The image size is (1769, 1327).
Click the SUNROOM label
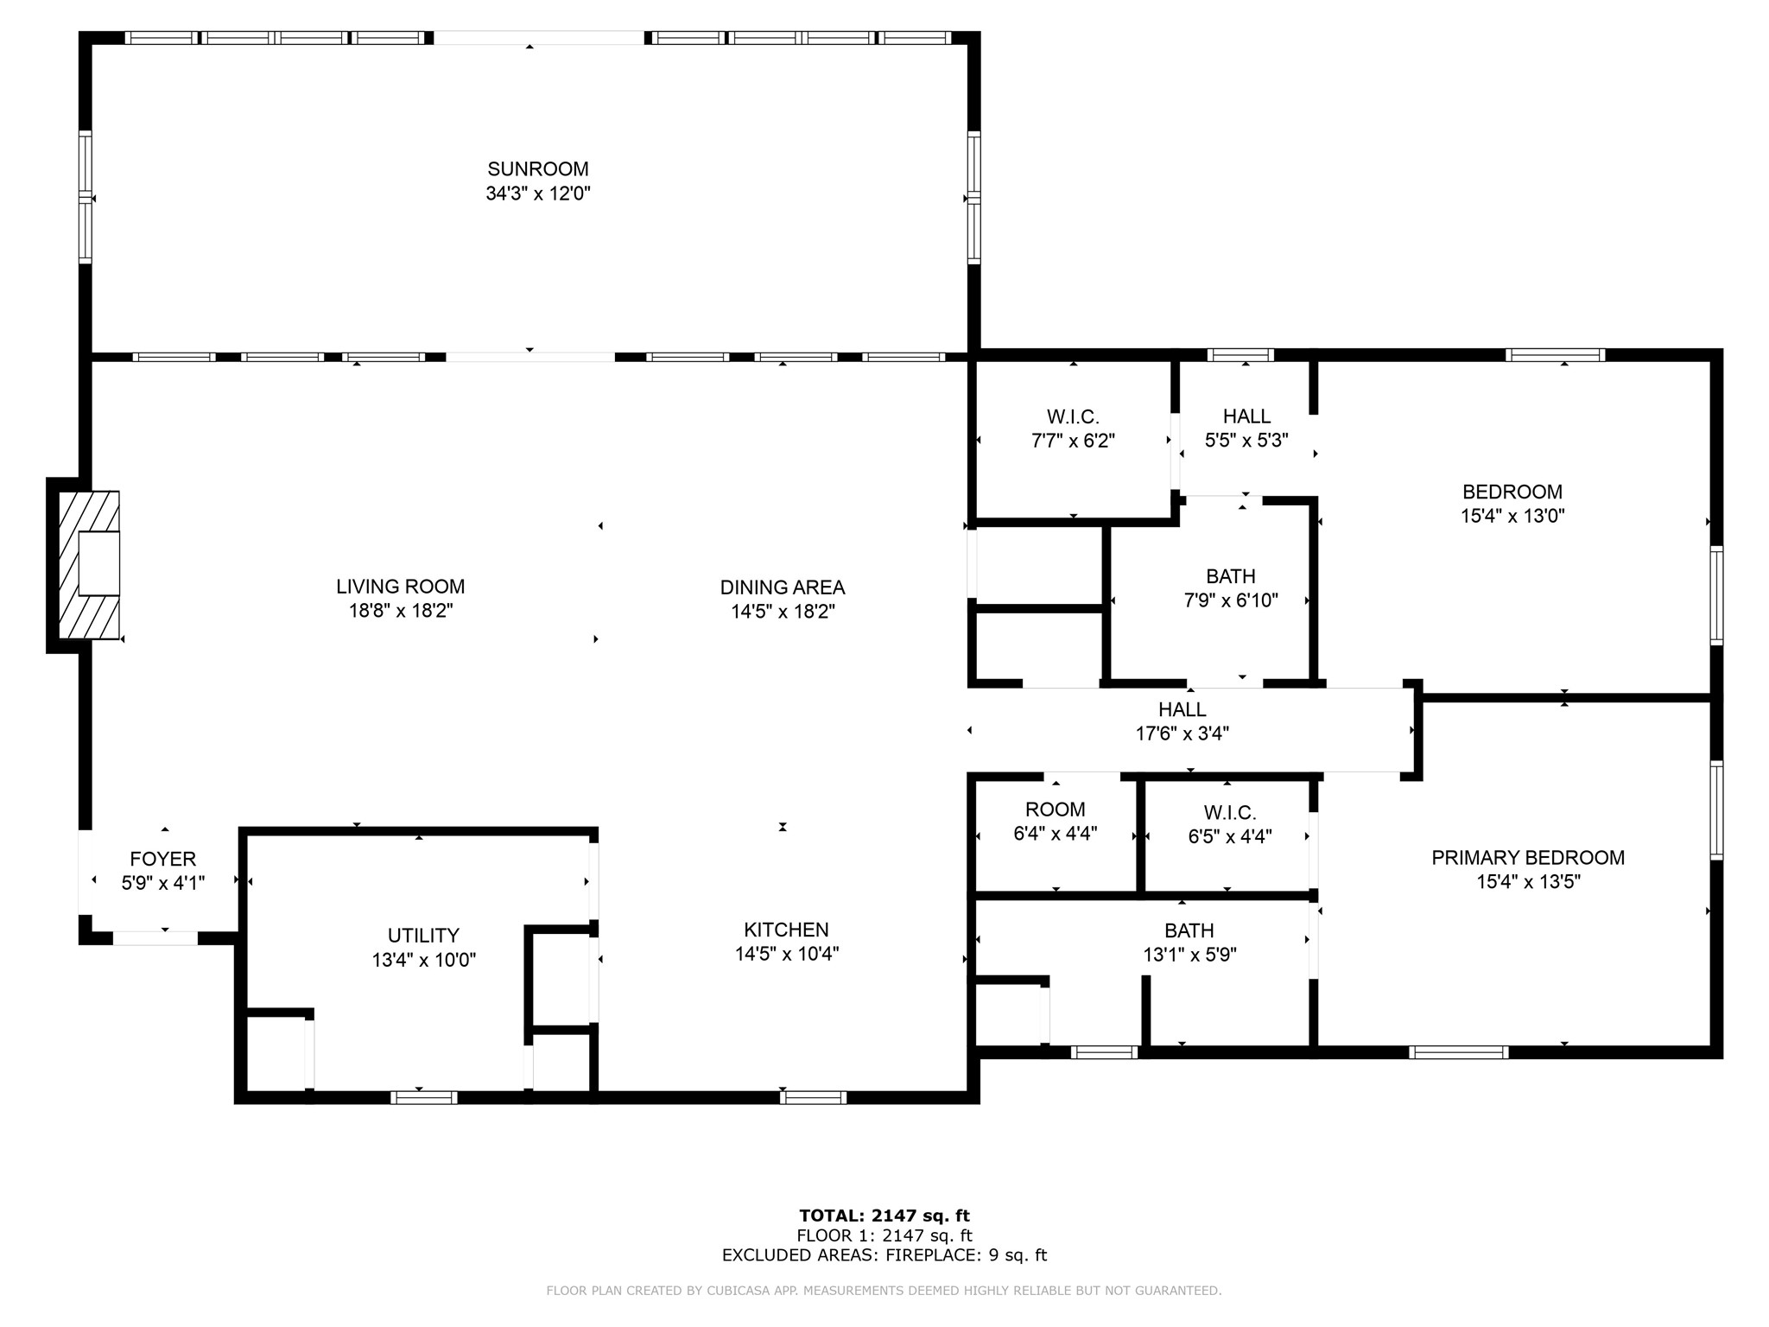coord(538,169)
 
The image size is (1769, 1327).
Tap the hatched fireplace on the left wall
coord(89,565)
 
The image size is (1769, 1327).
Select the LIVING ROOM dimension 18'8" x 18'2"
coord(401,611)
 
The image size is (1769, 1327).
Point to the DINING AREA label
coord(783,587)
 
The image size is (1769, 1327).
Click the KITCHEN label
coord(786,930)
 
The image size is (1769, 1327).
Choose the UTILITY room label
coord(423,936)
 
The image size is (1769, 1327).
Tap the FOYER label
coord(163,859)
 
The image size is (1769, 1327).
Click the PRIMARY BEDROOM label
coord(1528,858)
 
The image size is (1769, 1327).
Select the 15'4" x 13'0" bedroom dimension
coord(1512,516)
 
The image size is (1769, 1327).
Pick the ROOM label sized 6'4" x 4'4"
coord(1056,810)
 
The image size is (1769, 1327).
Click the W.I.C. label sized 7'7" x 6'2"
coord(1074,416)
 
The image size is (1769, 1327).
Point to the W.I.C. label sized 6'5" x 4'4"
coord(1230,812)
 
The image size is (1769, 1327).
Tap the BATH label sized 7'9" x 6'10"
coord(1231,576)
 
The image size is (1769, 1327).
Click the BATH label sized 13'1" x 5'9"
coord(1189,930)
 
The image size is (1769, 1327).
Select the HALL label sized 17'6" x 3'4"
coord(1183,709)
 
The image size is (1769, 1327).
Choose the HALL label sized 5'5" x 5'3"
coord(1246,416)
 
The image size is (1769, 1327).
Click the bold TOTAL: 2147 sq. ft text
coord(884,1216)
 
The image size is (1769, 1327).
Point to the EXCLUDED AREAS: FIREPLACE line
coord(884,1255)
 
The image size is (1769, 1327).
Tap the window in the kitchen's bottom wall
coord(813,1097)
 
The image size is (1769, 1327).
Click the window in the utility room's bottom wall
coord(423,1097)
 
